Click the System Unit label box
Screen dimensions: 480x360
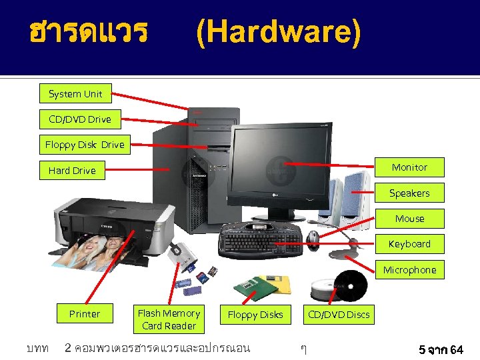click(x=75, y=94)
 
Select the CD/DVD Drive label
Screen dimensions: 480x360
click(x=80, y=119)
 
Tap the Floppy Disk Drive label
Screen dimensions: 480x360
click(x=85, y=145)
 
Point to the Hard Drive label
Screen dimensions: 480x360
click(x=72, y=171)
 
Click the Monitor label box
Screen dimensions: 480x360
click(x=409, y=167)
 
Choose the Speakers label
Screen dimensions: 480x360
click(x=409, y=193)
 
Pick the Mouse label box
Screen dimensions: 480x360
click(x=409, y=219)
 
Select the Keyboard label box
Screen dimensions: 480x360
click(x=409, y=244)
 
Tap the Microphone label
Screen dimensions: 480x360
click(x=409, y=270)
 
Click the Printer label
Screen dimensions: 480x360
click(x=85, y=314)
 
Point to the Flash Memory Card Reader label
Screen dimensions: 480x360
click(x=169, y=319)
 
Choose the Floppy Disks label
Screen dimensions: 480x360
click(x=255, y=315)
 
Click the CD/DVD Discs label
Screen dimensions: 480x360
click(x=339, y=314)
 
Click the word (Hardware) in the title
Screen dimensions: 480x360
click(x=278, y=33)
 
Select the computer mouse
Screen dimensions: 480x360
click(x=315, y=237)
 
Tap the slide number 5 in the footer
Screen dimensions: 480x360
click(x=422, y=349)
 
